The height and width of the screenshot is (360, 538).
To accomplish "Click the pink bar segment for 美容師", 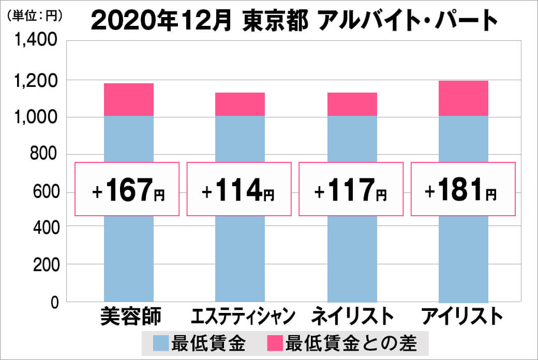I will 129,99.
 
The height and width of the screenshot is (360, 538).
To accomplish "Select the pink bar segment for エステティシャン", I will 240,104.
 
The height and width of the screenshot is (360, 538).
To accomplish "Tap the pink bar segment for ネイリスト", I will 352,104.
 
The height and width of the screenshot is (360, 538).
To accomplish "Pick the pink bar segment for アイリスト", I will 464,98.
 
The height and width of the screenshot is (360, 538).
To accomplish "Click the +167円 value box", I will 127,189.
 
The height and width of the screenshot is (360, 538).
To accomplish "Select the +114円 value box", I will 239,189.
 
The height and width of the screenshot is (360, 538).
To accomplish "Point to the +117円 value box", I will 351,189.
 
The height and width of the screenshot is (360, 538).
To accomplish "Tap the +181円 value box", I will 462,189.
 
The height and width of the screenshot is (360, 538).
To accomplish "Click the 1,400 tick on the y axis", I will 36,42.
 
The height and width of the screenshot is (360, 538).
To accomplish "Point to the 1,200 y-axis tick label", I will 36,80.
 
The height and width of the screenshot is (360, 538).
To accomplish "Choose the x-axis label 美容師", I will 130,316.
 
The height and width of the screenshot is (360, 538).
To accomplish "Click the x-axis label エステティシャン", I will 243,316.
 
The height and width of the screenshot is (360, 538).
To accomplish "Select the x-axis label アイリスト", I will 462,316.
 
